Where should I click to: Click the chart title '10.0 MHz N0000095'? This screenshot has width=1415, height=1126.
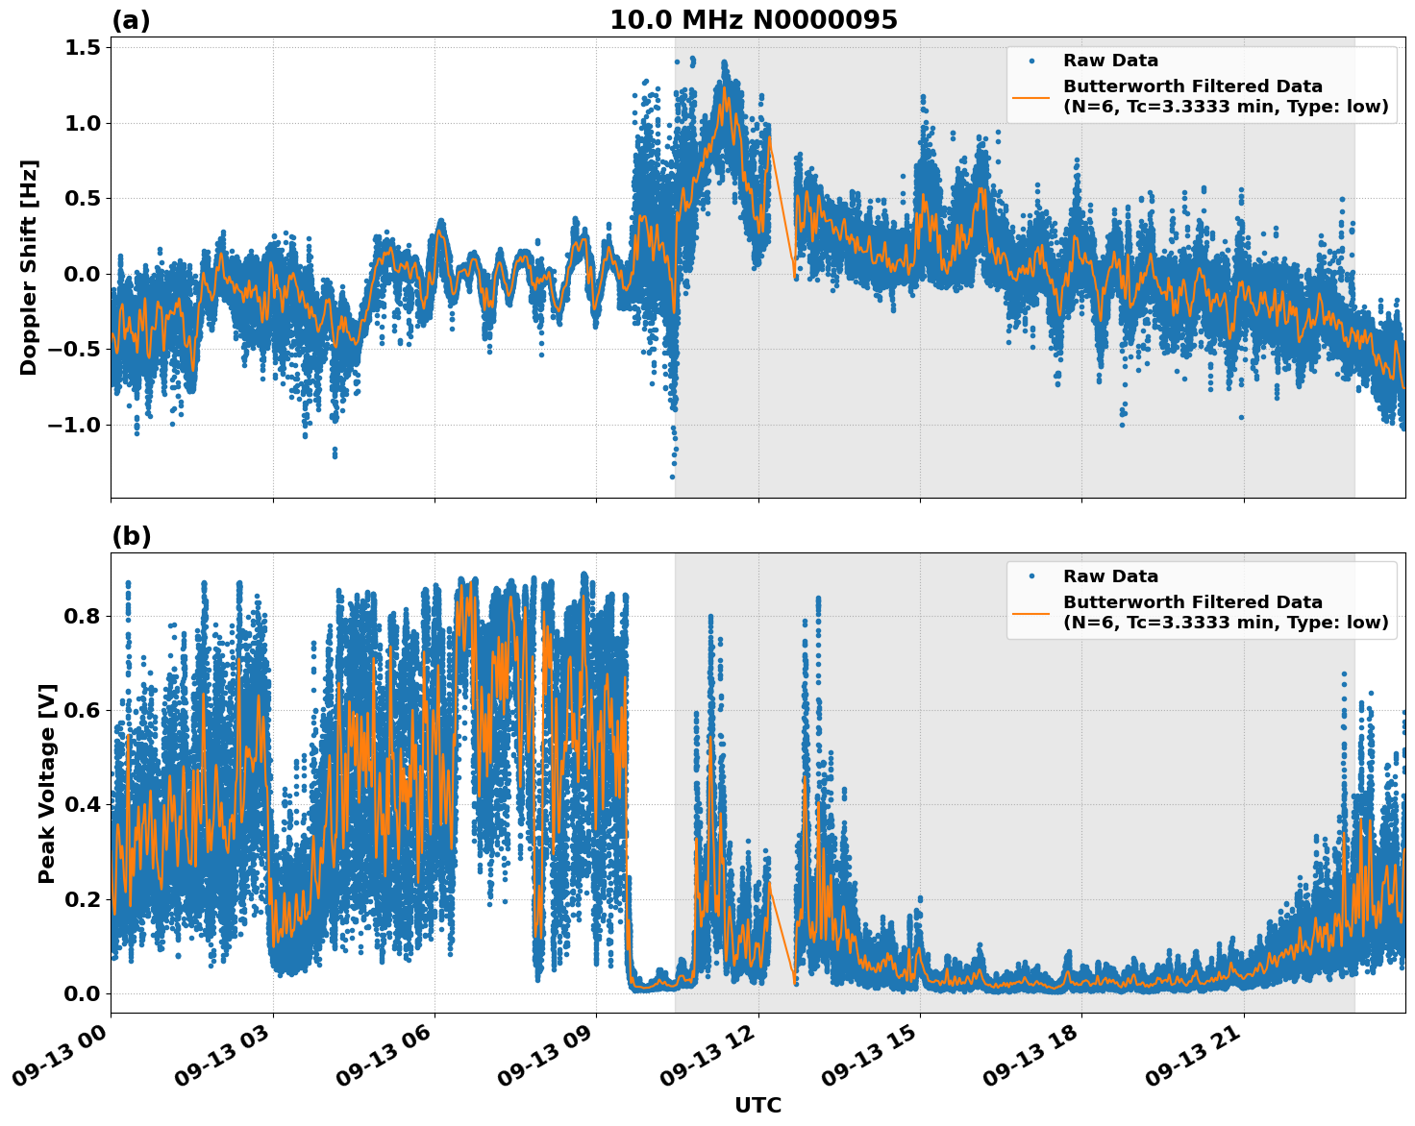click(753, 20)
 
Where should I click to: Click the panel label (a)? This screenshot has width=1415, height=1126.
click(131, 20)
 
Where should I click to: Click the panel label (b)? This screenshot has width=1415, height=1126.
click(131, 536)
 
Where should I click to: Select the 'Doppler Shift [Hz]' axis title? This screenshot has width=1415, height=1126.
click(29, 267)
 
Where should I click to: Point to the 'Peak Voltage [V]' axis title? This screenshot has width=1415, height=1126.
click(47, 783)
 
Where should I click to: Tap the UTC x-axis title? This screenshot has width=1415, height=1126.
click(757, 1106)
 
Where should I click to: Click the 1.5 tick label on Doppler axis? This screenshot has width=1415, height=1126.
click(84, 48)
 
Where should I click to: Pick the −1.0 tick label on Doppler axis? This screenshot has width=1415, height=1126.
click(76, 425)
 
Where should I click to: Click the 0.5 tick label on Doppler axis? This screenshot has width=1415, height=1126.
click(84, 199)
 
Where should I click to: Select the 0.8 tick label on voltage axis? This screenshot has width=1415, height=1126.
click(84, 616)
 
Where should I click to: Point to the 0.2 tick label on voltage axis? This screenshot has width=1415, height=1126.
click(84, 899)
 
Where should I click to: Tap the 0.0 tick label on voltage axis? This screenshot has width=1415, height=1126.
click(84, 993)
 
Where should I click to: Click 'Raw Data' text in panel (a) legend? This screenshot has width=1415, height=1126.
click(1110, 61)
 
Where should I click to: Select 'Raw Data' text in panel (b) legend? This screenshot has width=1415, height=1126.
click(1110, 576)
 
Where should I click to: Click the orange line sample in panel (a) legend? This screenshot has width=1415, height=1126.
click(1031, 97)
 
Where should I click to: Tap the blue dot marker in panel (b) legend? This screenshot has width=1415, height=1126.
click(1031, 576)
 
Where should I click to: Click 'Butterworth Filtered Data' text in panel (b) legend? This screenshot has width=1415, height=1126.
click(1192, 602)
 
